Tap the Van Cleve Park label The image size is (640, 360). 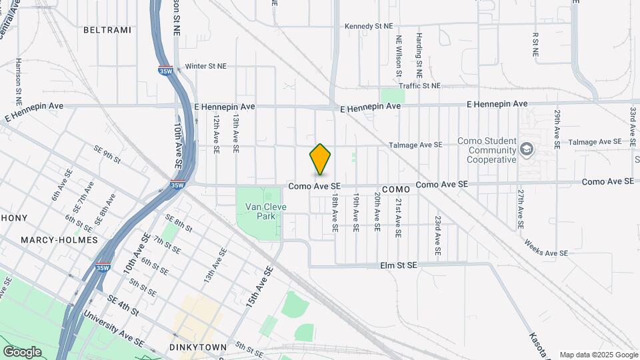pyautogui.click(x=266, y=211)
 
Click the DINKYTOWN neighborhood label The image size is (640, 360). pyautogui.click(x=198, y=347)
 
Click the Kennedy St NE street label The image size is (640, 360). pyautogui.click(x=369, y=26)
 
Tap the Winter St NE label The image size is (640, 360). pyautogui.click(x=206, y=66)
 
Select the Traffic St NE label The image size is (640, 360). pyautogui.click(x=420, y=86)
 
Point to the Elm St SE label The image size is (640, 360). pyautogui.click(x=398, y=265)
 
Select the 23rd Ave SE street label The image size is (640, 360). pyautogui.click(x=438, y=236)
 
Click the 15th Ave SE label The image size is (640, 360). pyautogui.click(x=259, y=286)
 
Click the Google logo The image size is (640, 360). pyautogui.click(x=22, y=351)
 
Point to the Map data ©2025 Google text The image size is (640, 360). pyautogui.click(x=599, y=355)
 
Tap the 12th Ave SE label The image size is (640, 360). pyautogui.click(x=217, y=133)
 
